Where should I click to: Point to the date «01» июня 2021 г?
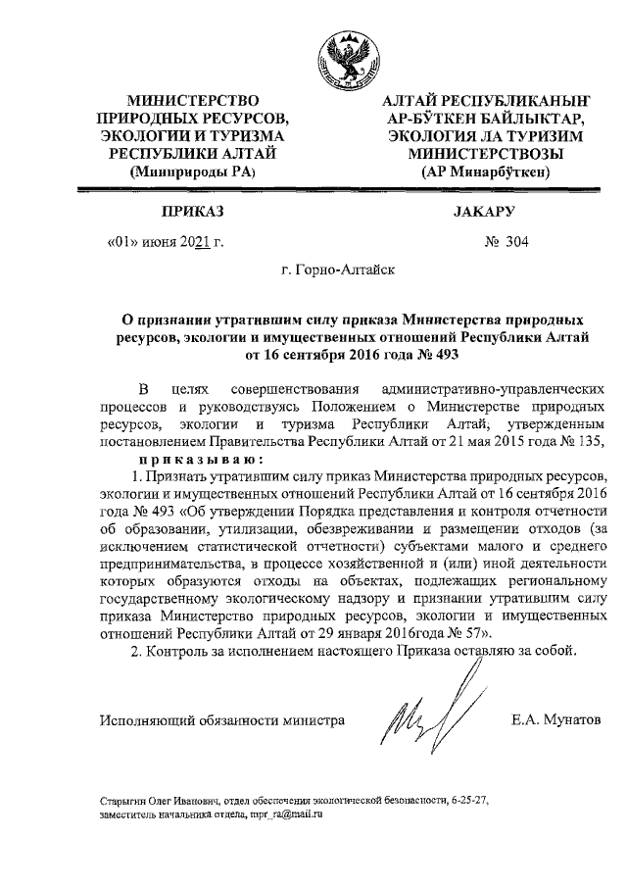click(x=166, y=243)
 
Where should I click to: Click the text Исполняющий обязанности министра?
click(x=222, y=721)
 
